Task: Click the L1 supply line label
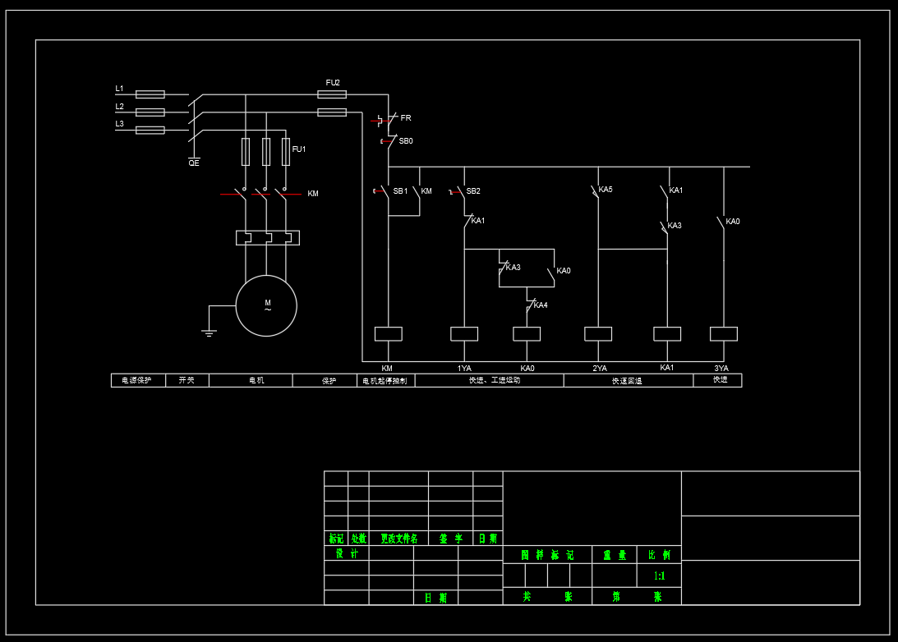(x=119, y=89)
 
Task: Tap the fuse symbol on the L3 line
(x=150, y=130)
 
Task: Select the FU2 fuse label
(x=333, y=83)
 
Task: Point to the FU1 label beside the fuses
(x=299, y=149)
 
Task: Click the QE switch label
(x=194, y=163)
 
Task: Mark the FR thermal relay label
(x=406, y=118)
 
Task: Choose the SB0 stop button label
(x=406, y=141)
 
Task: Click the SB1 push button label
(x=400, y=191)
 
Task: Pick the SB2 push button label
(x=473, y=191)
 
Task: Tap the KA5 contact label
(x=606, y=190)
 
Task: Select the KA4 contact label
(x=541, y=305)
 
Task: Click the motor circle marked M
(x=266, y=305)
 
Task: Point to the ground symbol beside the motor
(x=209, y=332)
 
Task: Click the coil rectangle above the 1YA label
(x=464, y=333)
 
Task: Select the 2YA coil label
(x=600, y=368)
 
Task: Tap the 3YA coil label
(x=721, y=368)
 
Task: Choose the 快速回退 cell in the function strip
(x=628, y=381)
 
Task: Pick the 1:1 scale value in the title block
(x=659, y=576)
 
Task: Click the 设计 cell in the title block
(x=347, y=554)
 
